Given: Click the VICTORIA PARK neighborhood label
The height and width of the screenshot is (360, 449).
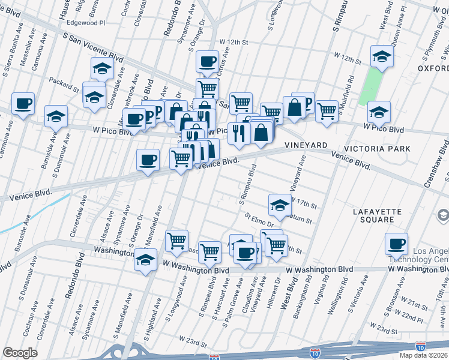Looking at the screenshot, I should click(377, 148).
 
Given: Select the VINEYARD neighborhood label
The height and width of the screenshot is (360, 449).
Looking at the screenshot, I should click(306, 146).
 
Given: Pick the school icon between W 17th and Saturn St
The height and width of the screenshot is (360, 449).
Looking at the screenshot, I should click(280, 205).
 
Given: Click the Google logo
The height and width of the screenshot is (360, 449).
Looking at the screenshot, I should click(20, 353).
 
